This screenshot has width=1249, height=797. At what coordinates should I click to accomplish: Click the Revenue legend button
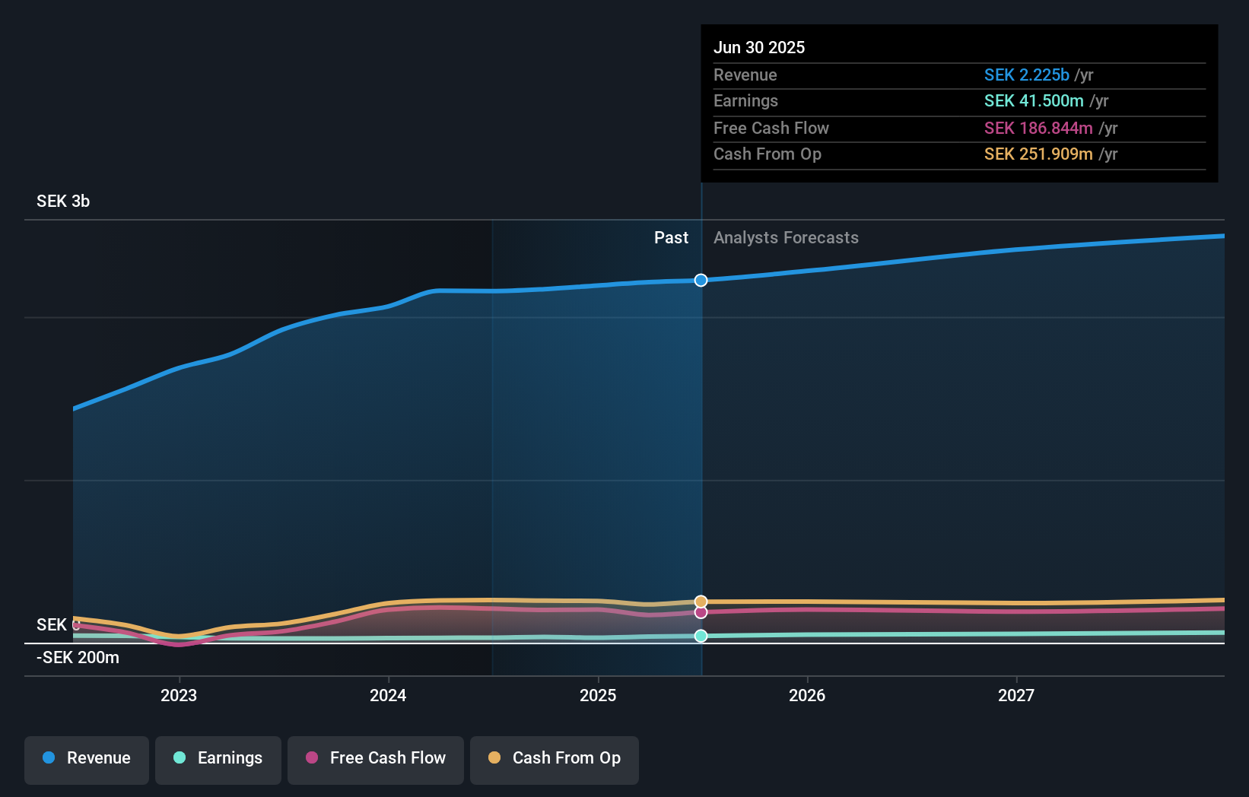click(x=87, y=758)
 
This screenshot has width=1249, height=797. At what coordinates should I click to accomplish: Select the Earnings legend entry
click(x=218, y=758)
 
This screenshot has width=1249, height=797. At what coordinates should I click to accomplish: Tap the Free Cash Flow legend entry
click(x=376, y=758)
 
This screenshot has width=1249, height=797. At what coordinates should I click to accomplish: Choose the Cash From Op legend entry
click(x=555, y=758)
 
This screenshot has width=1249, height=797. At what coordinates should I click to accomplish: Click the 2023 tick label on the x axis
click(x=179, y=695)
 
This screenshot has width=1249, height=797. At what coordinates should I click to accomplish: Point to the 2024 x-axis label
click(x=388, y=695)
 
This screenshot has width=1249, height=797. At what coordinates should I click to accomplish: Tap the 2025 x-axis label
click(x=598, y=695)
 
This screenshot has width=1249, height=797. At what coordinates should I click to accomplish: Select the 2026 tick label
click(x=807, y=695)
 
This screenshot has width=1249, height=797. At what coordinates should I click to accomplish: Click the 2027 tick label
click(x=1016, y=695)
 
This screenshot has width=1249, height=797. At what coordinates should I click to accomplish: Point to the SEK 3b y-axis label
click(x=63, y=202)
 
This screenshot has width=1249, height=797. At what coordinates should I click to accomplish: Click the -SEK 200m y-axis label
click(x=78, y=658)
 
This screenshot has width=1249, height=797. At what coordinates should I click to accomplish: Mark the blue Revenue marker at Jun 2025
click(x=701, y=281)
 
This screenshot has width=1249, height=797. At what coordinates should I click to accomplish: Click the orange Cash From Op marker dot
click(x=701, y=602)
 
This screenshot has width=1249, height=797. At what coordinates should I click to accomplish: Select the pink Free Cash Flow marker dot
click(x=701, y=612)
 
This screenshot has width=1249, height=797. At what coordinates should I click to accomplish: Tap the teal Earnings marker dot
click(x=701, y=636)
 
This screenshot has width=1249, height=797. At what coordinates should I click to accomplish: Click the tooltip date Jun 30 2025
click(x=759, y=47)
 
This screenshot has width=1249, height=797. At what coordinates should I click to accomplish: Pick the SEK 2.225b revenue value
click(x=1026, y=75)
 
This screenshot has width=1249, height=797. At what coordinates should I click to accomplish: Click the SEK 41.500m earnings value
click(x=1034, y=101)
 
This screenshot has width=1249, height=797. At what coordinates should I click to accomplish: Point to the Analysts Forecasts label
click(x=786, y=238)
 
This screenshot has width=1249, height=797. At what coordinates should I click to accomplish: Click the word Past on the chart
click(x=671, y=238)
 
